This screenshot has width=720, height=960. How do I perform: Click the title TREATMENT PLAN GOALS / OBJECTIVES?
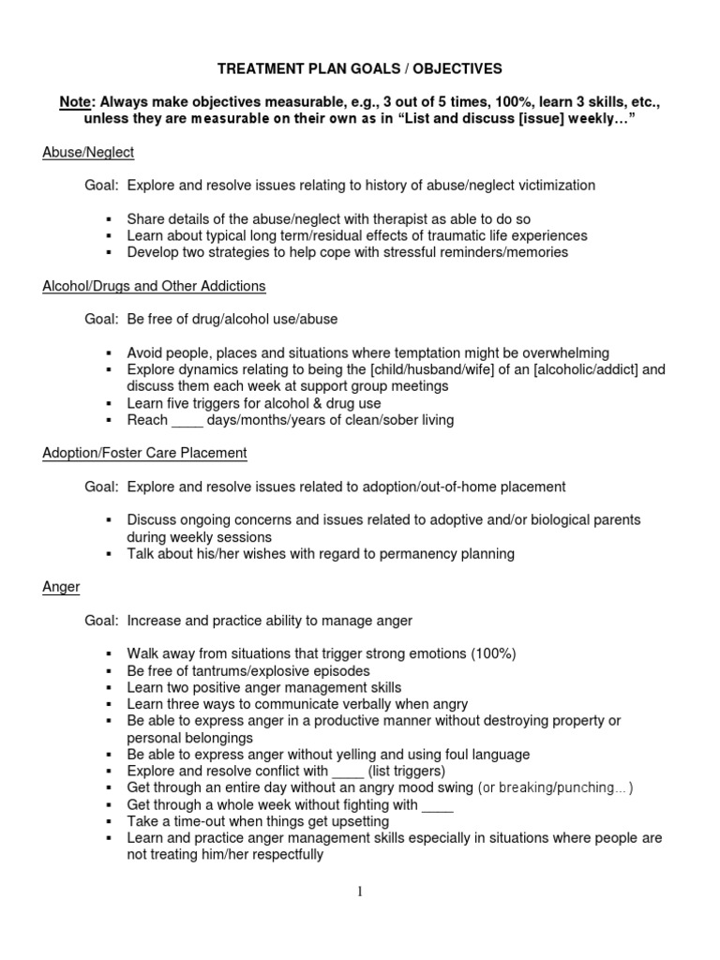360,68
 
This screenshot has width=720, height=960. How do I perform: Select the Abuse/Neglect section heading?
88,152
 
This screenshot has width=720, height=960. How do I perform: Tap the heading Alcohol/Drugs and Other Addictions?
154,286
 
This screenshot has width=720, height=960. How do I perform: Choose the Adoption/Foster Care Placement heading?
144,453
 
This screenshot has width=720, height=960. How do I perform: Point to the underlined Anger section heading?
61,587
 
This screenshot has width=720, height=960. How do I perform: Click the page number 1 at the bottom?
360,891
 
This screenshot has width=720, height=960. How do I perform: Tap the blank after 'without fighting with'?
438,804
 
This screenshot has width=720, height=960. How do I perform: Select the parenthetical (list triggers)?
386,771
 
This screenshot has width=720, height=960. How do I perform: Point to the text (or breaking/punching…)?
556,787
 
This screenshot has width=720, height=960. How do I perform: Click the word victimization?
555,186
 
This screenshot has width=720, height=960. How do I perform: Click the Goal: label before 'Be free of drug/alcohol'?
101,319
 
